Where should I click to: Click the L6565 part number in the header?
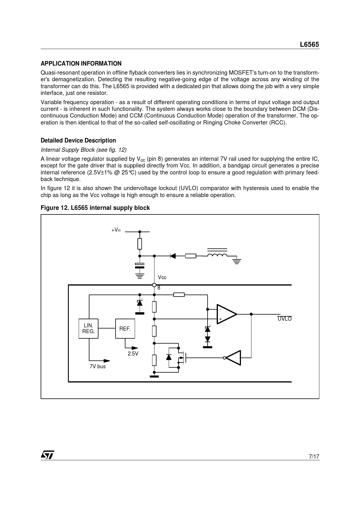tap(309, 45)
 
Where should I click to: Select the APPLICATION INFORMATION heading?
tap(81, 64)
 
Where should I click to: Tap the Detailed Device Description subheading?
tap(78, 140)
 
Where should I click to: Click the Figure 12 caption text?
tap(95, 208)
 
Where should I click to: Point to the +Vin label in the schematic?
tap(116, 230)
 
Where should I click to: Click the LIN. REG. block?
tap(89, 328)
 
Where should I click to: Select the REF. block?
tap(125, 328)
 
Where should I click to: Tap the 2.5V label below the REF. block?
tap(133, 354)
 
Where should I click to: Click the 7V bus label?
tap(98, 367)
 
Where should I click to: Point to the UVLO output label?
tap(285, 319)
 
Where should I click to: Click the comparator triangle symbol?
tap(226, 314)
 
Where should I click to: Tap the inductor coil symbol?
tap(217, 255)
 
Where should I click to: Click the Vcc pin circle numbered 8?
tap(154, 285)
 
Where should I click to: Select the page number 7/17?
tap(314, 456)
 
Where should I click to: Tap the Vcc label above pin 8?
tap(162, 277)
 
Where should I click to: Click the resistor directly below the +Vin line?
tap(140, 244)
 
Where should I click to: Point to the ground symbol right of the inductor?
tap(237, 261)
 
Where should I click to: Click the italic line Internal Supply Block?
tap(84, 150)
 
